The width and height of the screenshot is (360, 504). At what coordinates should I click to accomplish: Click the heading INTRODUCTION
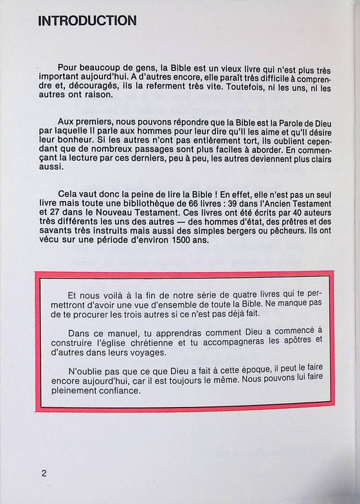[87, 21]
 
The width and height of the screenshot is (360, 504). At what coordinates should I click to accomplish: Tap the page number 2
[44, 474]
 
